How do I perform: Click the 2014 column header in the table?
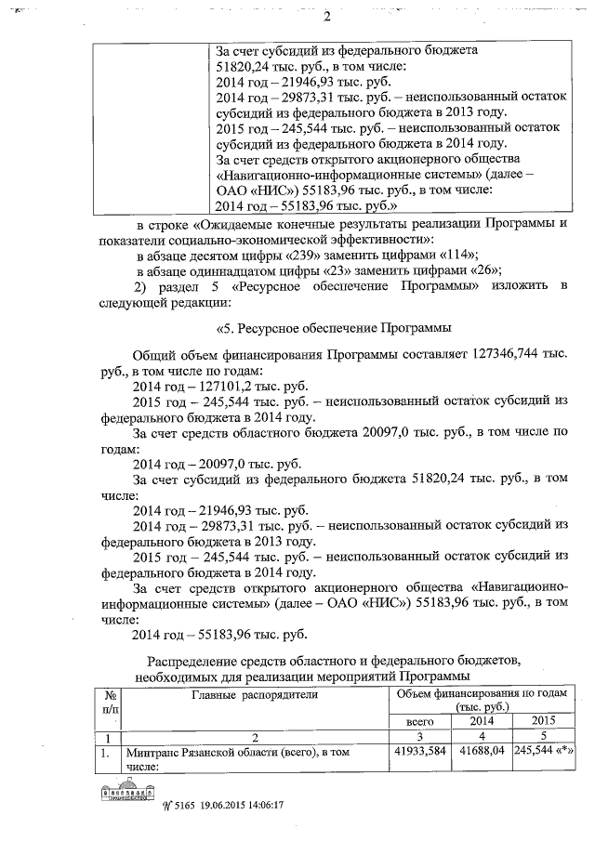(x=481, y=721)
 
